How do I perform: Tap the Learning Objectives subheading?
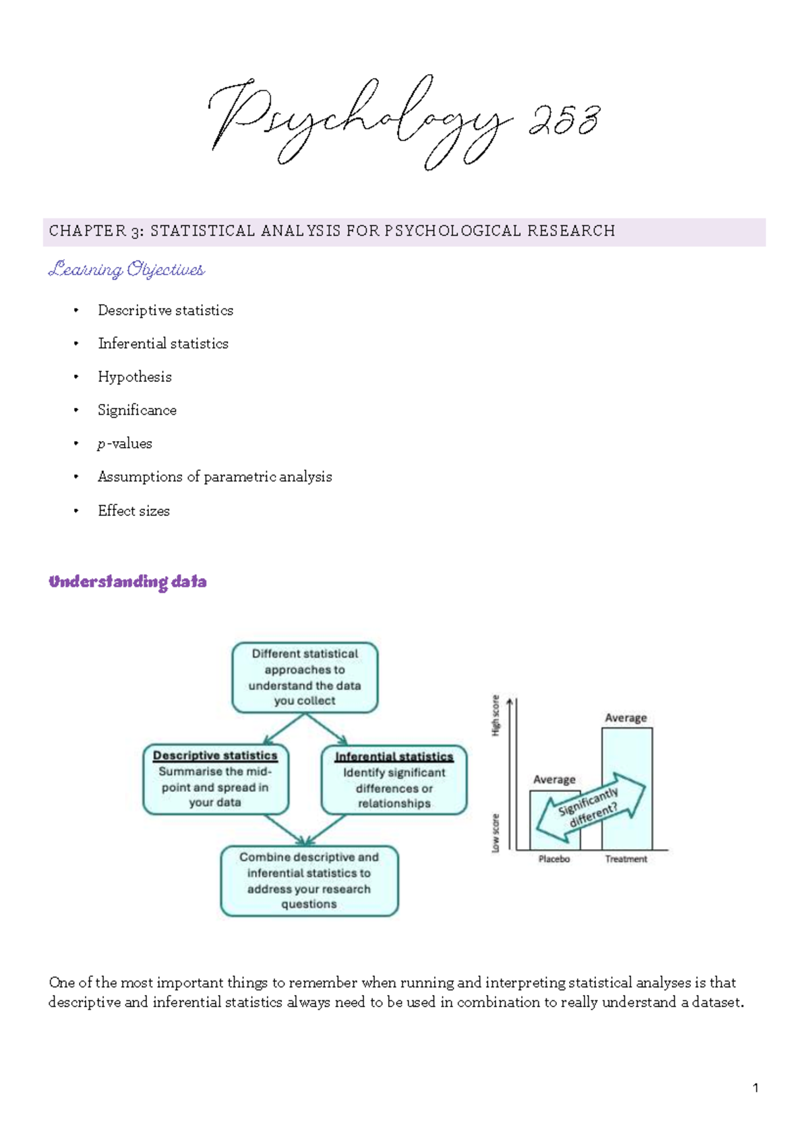point(126,270)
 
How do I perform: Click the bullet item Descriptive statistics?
point(165,310)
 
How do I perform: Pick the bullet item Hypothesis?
point(135,377)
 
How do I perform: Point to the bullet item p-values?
point(125,444)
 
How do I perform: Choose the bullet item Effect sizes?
point(133,511)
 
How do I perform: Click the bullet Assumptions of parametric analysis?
point(214,477)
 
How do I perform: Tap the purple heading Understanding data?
point(127,581)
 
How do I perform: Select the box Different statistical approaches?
point(305,677)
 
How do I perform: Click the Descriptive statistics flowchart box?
point(215,779)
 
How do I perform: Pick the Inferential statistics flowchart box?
point(394,780)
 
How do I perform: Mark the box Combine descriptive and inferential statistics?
point(309,880)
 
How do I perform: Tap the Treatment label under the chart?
point(626,859)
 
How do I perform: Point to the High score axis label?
point(496,715)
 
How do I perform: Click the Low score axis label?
point(496,832)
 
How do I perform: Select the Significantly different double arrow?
point(590,806)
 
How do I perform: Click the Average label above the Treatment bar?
point(626,718)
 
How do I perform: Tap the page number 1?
point(755,1087)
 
